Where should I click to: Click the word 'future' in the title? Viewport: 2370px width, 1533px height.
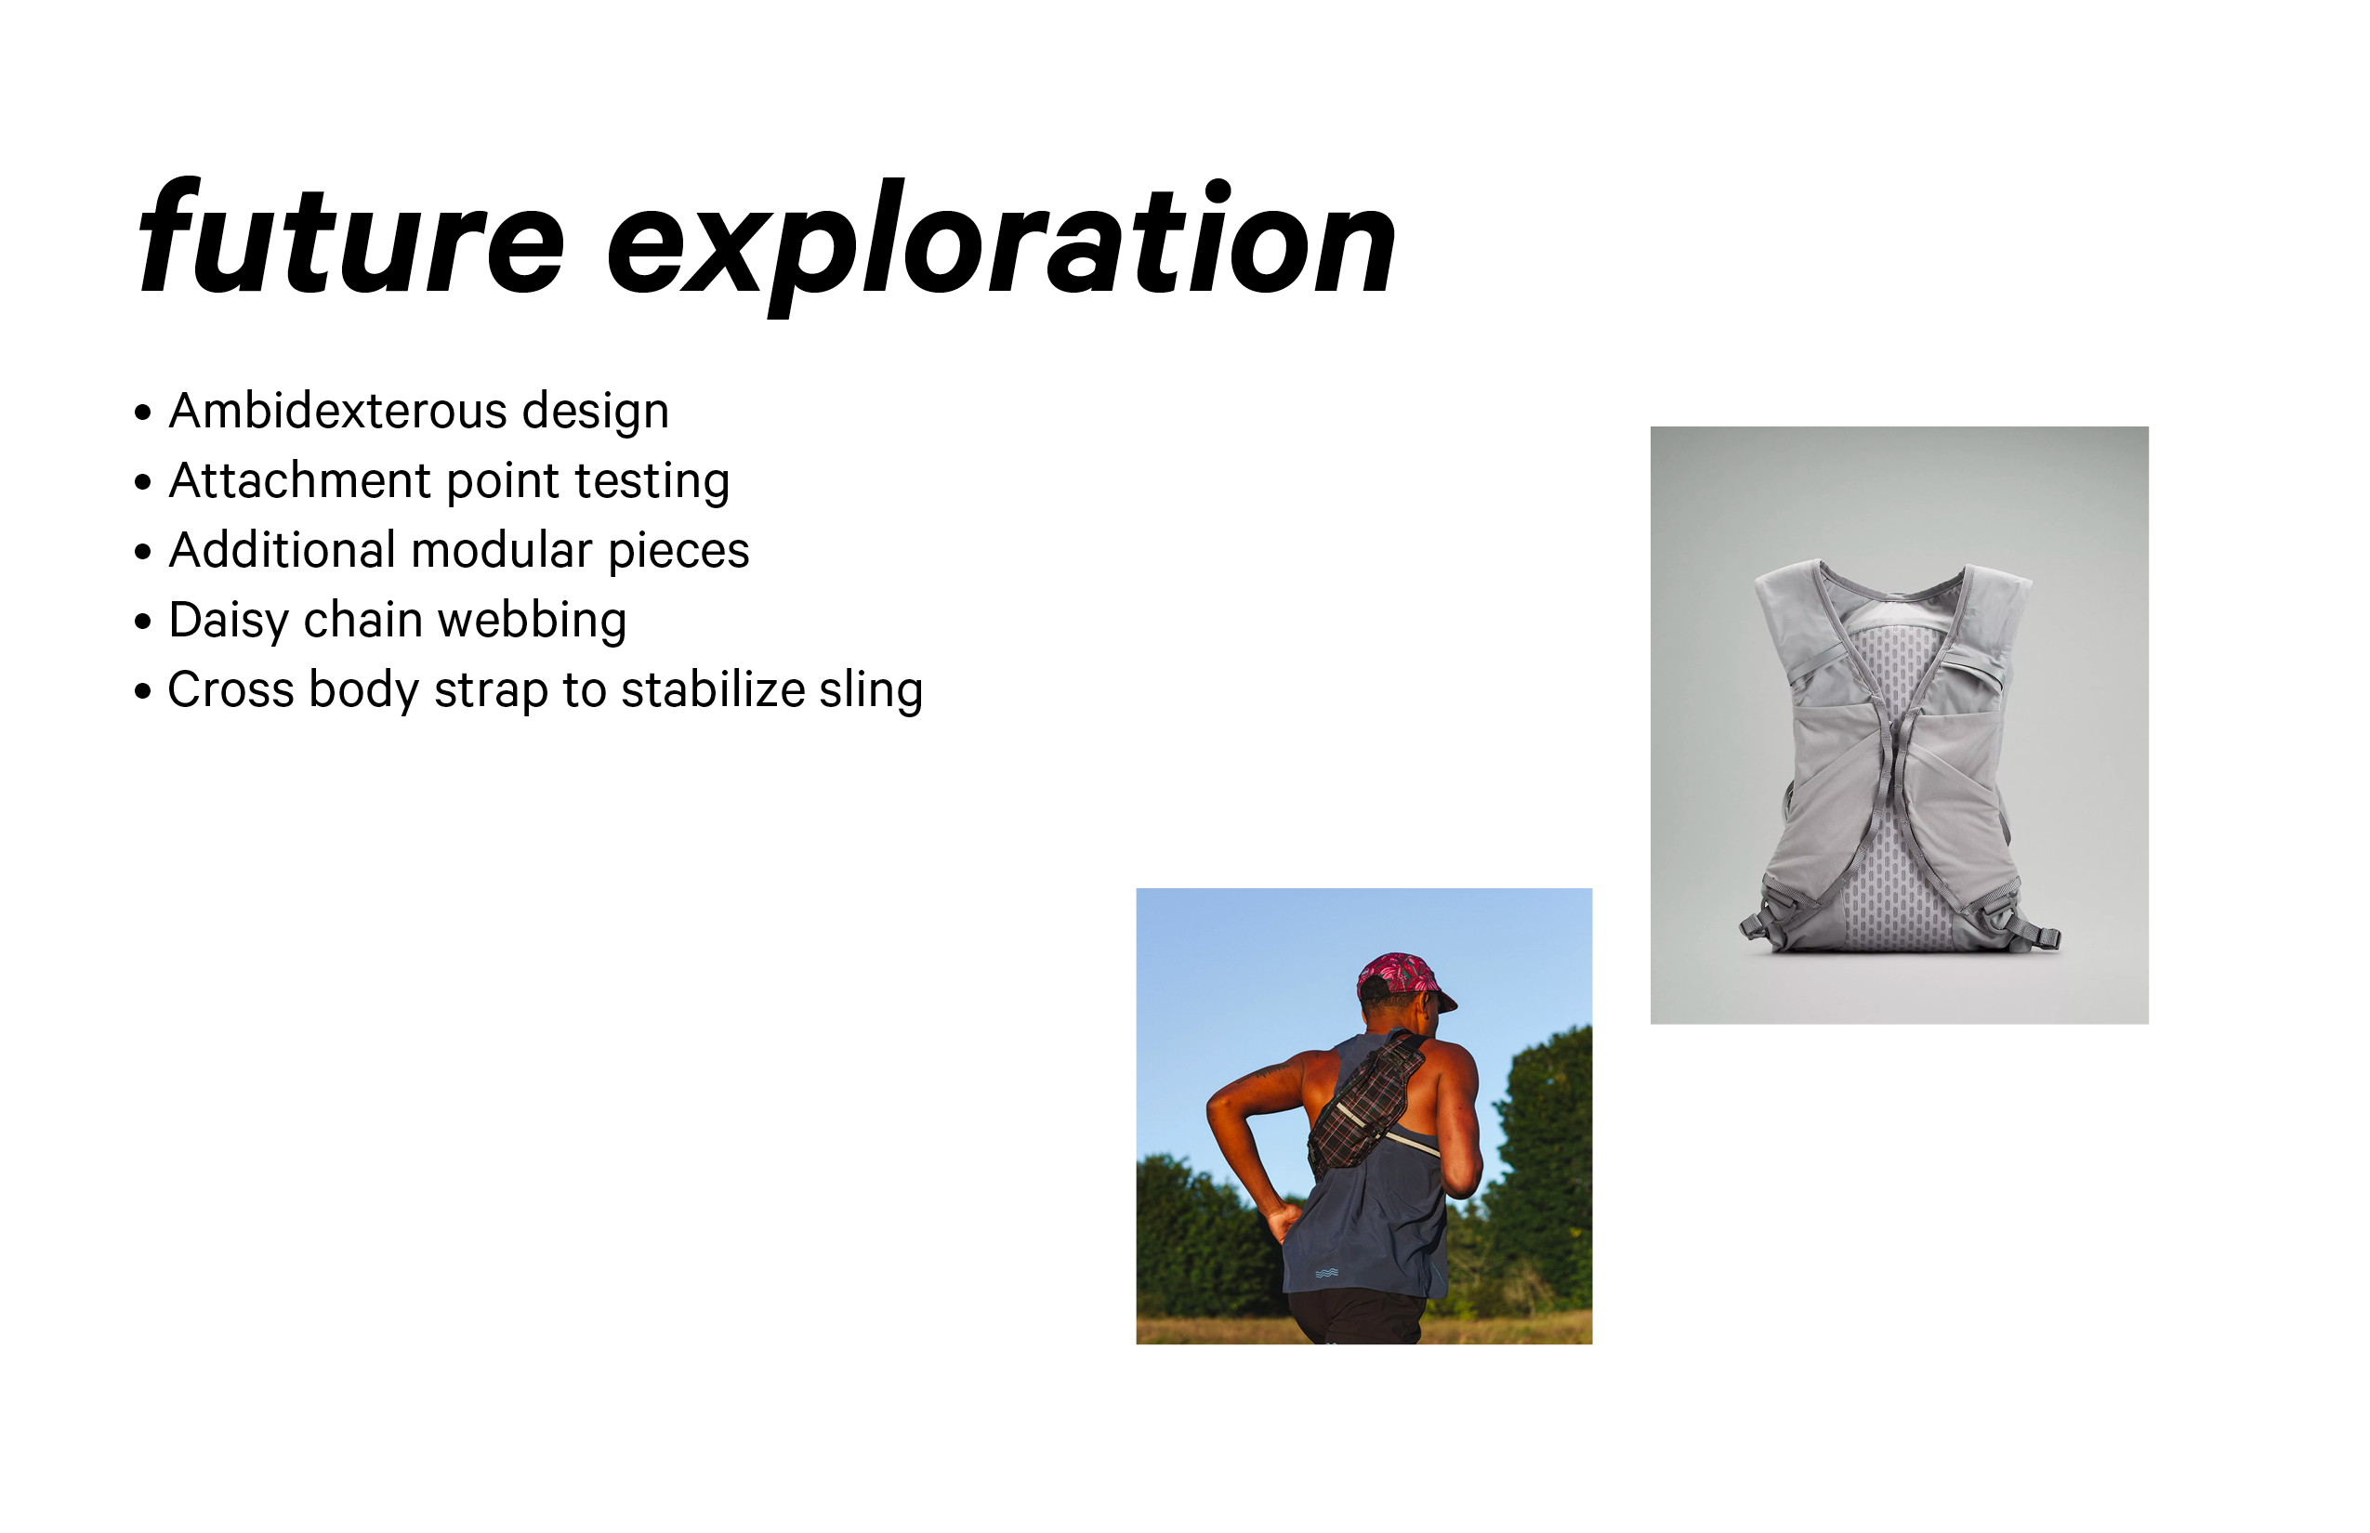(350, 237)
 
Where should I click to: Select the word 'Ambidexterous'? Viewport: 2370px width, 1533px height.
(337, 410)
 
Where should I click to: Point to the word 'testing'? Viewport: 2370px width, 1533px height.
(652, 482)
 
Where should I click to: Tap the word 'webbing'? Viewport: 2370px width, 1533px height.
(532, 622)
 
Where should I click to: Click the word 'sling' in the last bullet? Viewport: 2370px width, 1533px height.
(872, 691)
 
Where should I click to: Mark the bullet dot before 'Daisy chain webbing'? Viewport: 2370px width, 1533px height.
(142, 622)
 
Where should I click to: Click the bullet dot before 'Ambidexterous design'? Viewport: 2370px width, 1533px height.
(142, 413)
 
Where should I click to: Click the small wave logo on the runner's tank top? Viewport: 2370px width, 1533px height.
(1326, 1272)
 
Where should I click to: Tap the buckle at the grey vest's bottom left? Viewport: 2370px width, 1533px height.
(1756, 924)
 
